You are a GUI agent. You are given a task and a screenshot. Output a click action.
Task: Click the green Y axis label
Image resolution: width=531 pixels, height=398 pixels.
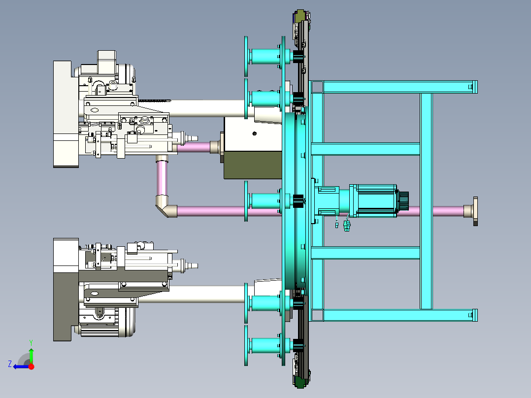31,342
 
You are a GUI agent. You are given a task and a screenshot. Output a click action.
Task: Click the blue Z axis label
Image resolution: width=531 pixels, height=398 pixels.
10,364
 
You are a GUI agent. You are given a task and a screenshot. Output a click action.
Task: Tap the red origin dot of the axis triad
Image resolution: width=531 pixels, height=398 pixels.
32,366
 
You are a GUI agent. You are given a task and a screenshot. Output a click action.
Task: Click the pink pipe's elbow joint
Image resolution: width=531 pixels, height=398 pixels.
166,206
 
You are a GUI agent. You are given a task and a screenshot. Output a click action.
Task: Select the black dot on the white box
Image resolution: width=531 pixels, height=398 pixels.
255,133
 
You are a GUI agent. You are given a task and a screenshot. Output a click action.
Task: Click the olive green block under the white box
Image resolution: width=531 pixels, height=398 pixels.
253,165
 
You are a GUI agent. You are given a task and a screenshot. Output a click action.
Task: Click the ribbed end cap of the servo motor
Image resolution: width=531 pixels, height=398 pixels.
403,200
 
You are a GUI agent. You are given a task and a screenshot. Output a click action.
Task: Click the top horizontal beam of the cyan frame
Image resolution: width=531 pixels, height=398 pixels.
394,87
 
